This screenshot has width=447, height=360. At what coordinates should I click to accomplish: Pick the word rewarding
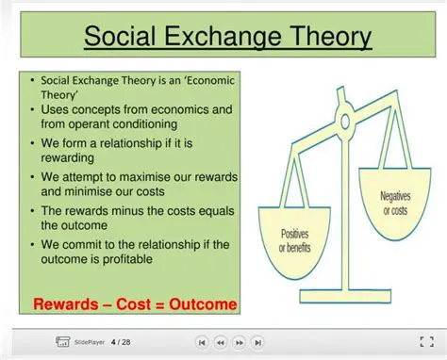pyautogui.click(x=68, y=159)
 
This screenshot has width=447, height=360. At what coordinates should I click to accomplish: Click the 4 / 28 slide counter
pyautogui.click(x=121, y=341)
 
